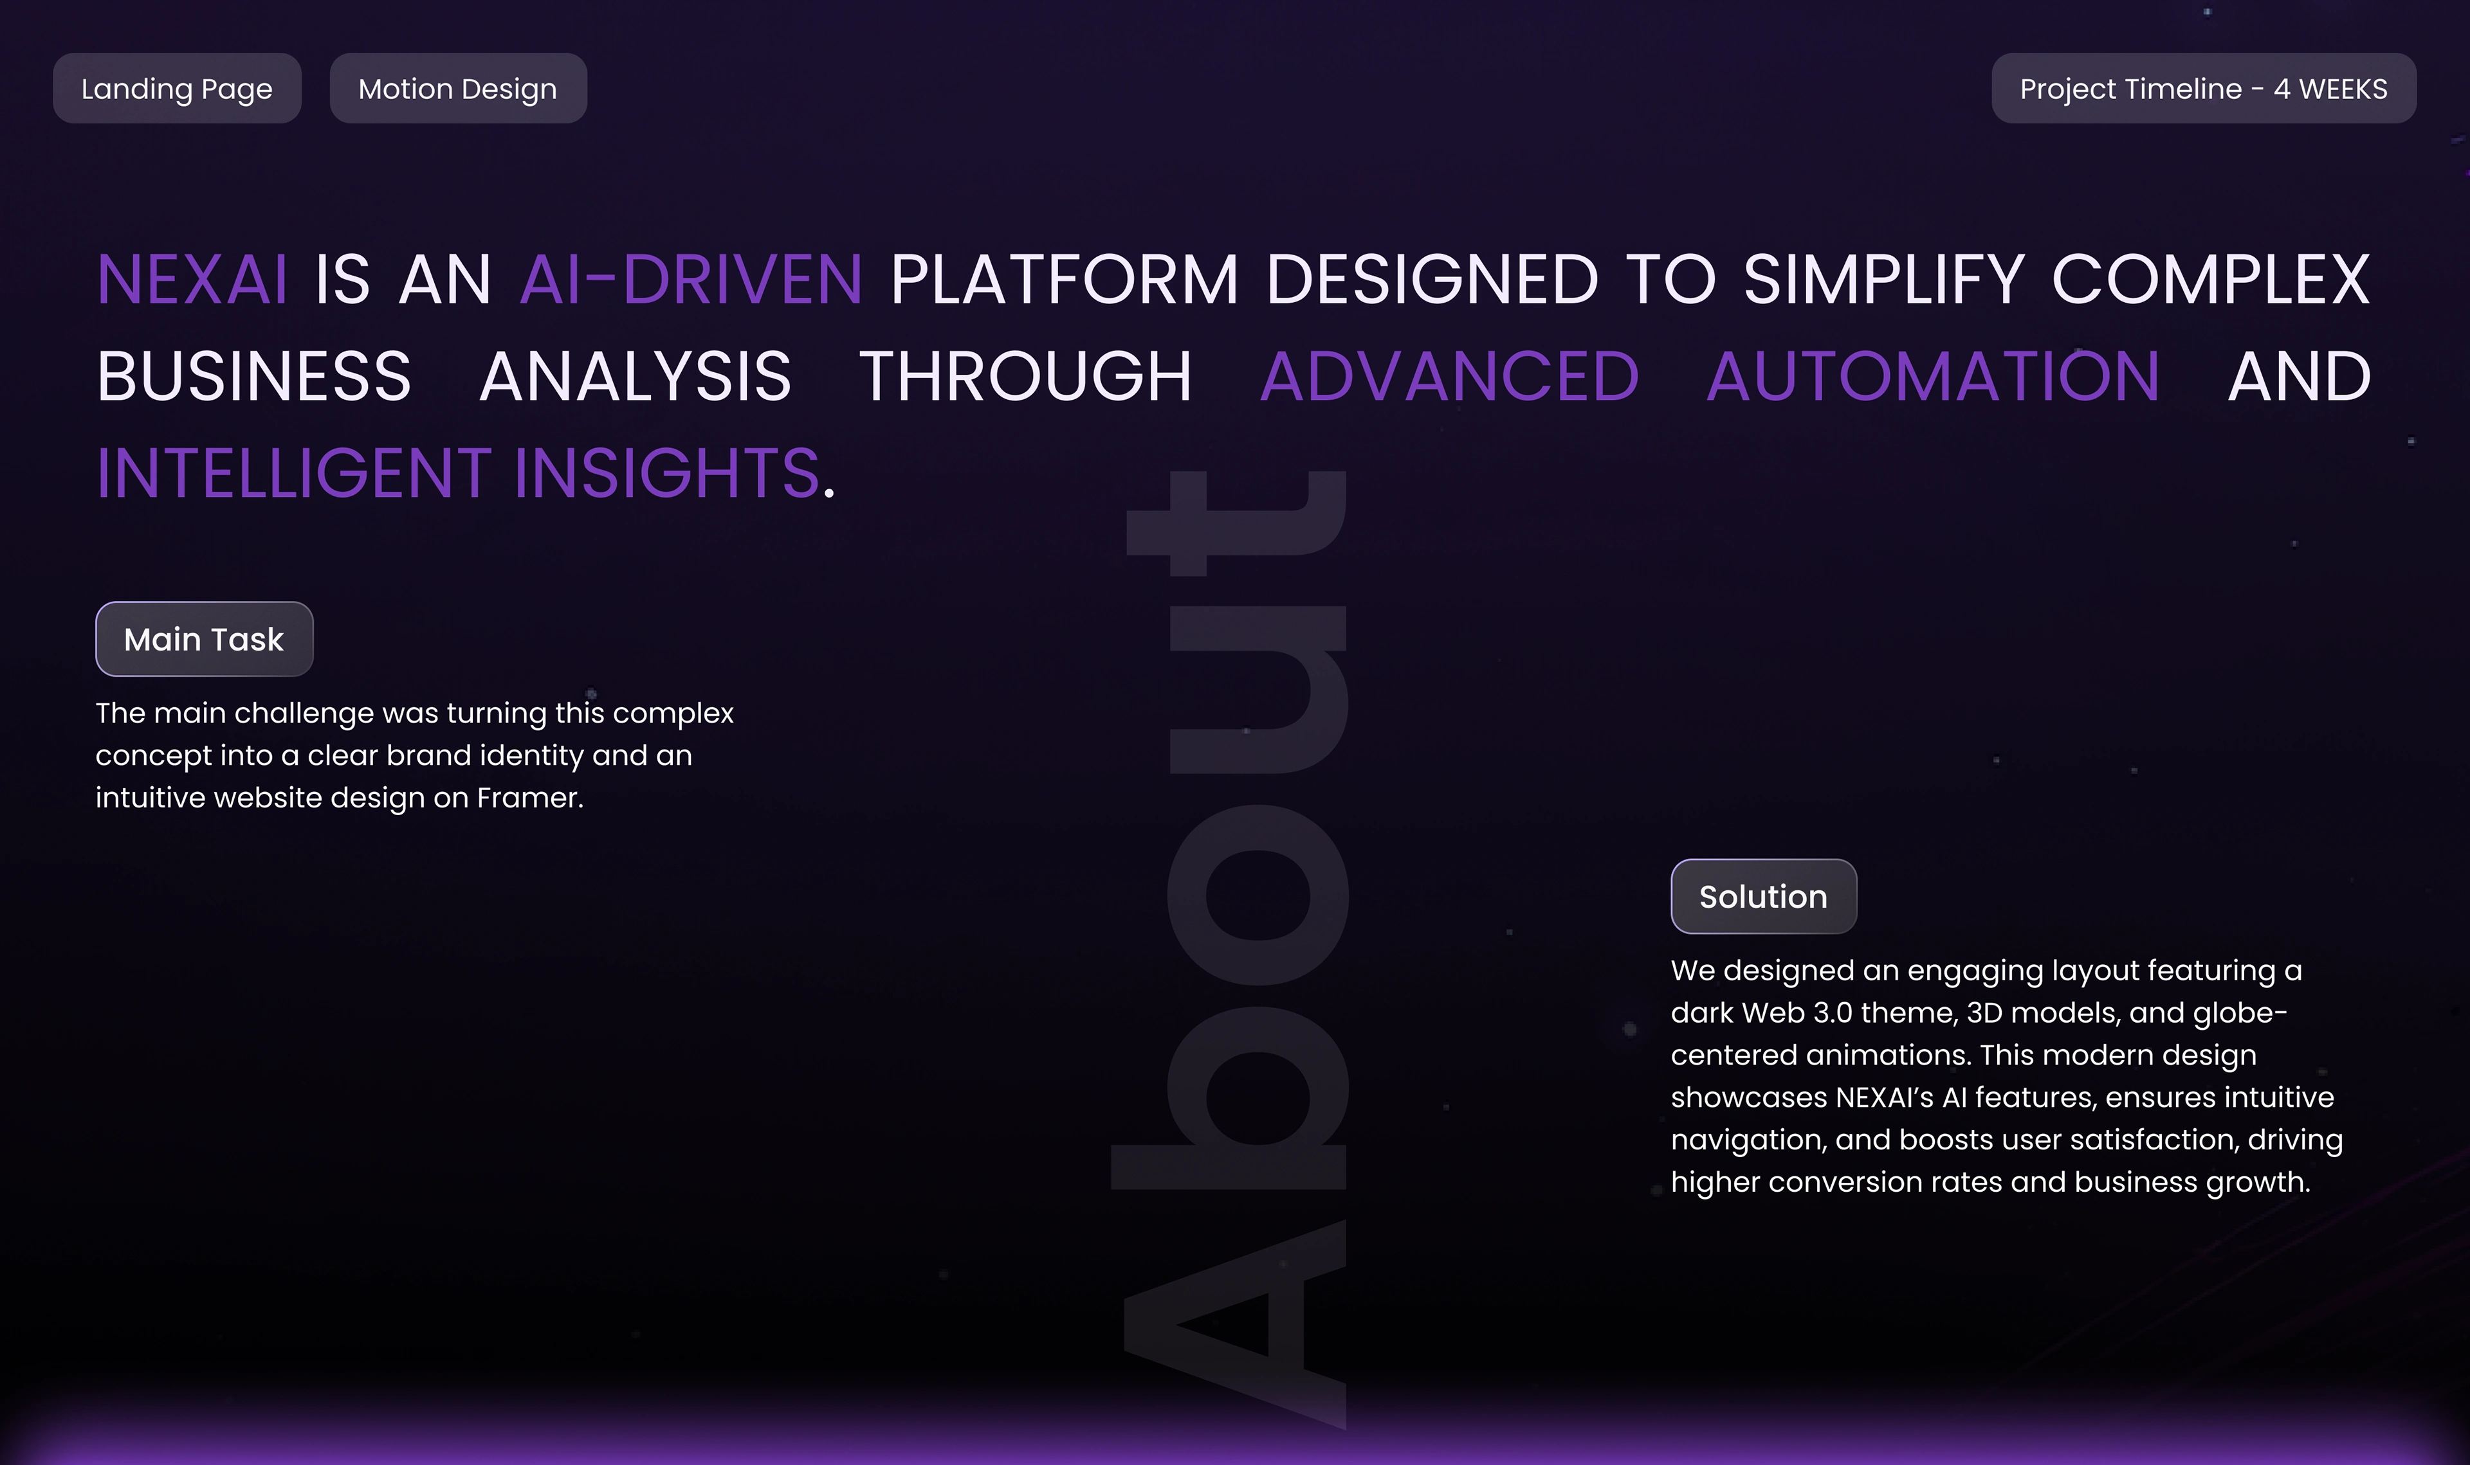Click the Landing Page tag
click(x=177, y=88)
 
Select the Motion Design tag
click(x=458, y=88)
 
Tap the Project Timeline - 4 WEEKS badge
click(x=2203, y=88)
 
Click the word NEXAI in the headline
click(x=192, y=280)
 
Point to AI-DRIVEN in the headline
click(x=691, y=280)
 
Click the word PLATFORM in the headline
click(x=1064, y=280)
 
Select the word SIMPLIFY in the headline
click(x=1885, y=280)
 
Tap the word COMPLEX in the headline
click(x=2211, y=280)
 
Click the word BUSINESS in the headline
click(x=254, y=376)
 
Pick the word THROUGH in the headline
click(x=1025, y=376)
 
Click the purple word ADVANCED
click(x=1450, y=376)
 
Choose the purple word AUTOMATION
click(x=1933, y=376)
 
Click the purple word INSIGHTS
click(x=666, y=473)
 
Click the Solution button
click(x=1764, y=896)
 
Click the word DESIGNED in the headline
click(x=1432, y=280)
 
